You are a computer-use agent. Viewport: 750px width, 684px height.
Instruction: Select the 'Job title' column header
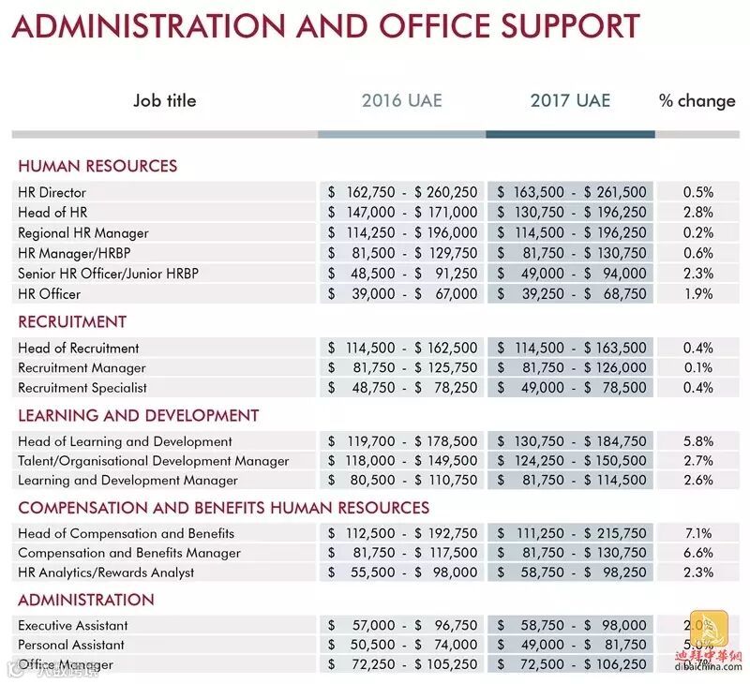165,101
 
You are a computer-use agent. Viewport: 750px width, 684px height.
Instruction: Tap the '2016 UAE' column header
401,101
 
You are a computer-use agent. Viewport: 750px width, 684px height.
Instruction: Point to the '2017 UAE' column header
570,101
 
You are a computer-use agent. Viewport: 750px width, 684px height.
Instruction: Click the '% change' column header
697,101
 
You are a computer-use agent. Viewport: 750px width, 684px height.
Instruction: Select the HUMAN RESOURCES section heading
97,167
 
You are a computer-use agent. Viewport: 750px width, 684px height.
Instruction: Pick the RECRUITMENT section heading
72,321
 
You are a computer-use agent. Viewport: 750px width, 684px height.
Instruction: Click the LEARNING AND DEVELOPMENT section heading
138,415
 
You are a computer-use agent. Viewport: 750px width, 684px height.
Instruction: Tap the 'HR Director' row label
52,192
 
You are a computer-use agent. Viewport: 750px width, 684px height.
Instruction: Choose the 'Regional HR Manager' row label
83,232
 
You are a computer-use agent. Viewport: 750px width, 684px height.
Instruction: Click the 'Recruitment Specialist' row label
82,388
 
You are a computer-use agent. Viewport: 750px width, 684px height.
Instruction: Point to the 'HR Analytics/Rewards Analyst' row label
106,572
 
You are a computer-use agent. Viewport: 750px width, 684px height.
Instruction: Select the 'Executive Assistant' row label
73,626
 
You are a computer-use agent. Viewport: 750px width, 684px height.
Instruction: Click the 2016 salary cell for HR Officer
402,294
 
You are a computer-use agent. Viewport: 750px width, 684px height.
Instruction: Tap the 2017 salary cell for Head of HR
571,213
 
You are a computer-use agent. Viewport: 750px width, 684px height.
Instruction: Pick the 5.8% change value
697,441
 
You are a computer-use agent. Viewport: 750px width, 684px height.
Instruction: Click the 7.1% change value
697,533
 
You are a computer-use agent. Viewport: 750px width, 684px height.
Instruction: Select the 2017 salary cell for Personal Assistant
571,646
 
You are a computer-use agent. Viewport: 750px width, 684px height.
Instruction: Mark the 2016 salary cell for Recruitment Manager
402,368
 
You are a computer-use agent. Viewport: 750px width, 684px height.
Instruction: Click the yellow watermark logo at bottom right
709,632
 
